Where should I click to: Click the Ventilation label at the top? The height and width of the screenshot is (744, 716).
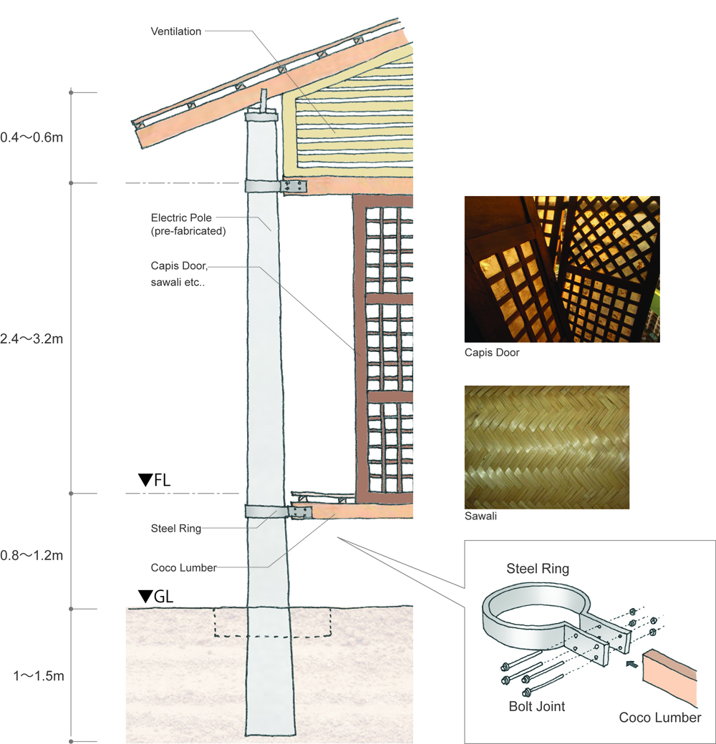coord(176,31)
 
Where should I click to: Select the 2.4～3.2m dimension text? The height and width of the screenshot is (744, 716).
coord(32,338)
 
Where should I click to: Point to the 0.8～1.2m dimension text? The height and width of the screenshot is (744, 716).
coord(32,555)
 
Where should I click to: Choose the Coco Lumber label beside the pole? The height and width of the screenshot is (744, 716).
coord(183,567)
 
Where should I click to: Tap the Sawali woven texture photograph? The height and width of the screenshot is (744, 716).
coord(547,447)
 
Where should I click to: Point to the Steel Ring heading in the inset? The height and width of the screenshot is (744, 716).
coord(537,569)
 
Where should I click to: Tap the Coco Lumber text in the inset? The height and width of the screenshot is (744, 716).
coord(659,718)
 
